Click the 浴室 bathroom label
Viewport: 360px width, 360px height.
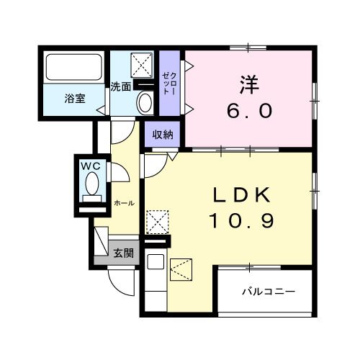click(75, 99)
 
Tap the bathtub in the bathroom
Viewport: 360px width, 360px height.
click(74, 68)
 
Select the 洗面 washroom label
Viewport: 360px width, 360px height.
click(120, 87)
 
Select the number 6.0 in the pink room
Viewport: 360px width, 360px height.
click(249, 112)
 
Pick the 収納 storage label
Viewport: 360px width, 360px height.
click(163, 135)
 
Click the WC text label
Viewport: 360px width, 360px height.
click(90, 166)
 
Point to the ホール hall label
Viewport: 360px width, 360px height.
click(124, 203)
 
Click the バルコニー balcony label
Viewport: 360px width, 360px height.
click(269, 292)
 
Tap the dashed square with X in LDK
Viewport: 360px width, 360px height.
click(158, 222)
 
